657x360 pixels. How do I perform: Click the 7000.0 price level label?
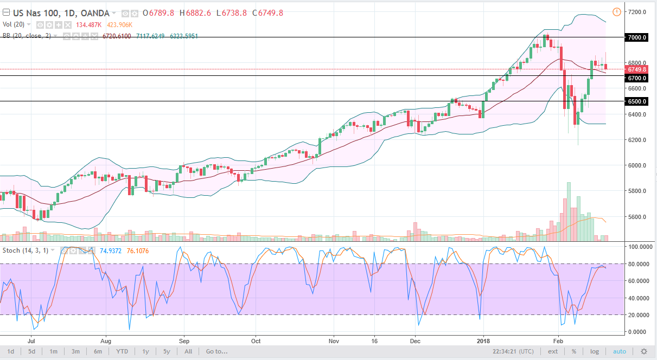[x=637, y=37]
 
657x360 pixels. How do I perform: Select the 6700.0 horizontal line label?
[x=637, y=78]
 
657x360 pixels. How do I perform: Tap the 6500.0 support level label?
[x=637, y=101]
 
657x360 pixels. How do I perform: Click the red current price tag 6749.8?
[x=637, y=69]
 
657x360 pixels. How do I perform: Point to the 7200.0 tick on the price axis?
[x=637, y=12]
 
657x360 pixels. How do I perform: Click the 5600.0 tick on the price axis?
[x=637, y=217]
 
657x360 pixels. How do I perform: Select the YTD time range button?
[x=122, y=351]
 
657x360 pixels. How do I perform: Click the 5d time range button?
[x=33, y=351]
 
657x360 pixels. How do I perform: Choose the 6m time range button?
[x=98, y=351]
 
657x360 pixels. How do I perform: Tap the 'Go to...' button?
[x=216, y=351]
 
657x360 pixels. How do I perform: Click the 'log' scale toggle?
[x=595, y=351]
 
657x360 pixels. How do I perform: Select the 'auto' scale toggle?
[x=620, y=351]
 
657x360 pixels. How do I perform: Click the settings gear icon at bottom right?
[x=644, y=351]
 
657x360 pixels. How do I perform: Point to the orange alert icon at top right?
[x=616, y=12]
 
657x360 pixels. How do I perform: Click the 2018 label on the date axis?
[x=482, y=342]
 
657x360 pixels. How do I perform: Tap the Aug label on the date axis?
[x=106, y=342]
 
